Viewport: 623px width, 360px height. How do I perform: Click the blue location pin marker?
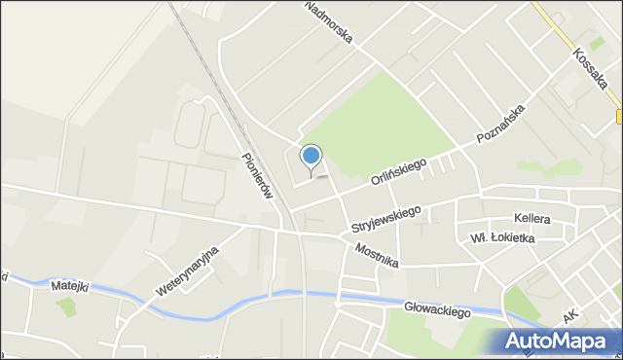pos(311,157)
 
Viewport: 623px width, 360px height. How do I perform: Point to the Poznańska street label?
pos(501,125)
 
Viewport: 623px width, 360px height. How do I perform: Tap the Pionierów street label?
pos(255,175)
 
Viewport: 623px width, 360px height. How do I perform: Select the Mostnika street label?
pos(377,256)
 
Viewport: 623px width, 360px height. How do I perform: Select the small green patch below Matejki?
pos(66,307)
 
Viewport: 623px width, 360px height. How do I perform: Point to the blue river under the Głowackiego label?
pos(409,299)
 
